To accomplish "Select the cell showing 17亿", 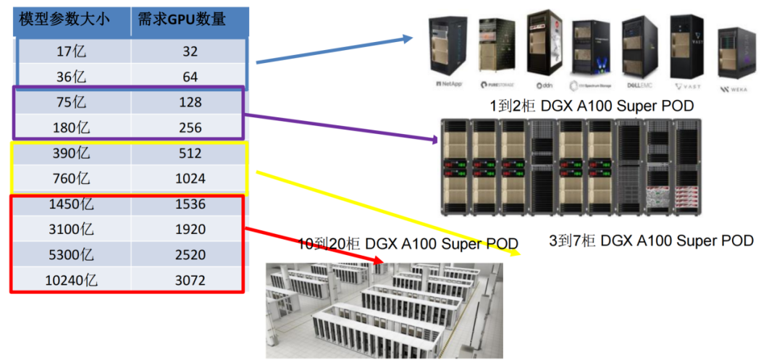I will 72,51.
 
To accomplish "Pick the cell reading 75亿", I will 72,102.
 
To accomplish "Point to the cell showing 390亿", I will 72,154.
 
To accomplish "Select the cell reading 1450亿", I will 72,204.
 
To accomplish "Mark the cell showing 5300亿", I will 72,255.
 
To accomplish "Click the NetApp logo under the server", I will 449,83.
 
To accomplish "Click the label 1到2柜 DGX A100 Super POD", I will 592,106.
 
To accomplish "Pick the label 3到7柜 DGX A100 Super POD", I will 652,240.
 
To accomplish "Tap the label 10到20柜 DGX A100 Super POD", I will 409,243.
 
